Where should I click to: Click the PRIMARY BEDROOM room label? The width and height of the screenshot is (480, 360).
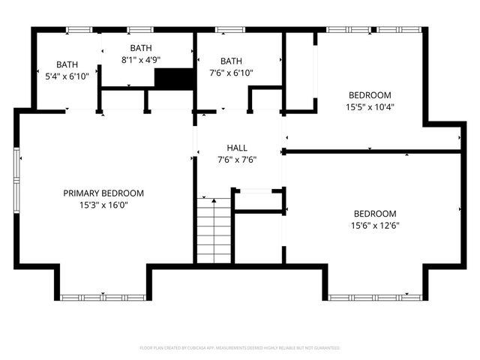(103, 193)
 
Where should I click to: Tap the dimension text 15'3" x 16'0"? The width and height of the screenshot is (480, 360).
(103, 205)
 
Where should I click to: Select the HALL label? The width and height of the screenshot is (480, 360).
(237, 148)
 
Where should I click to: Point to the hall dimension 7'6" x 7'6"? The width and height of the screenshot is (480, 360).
(237, 159)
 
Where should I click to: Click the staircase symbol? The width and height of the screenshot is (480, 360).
(214, 229)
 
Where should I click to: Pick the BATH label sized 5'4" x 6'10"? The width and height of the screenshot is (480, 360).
(67, 64)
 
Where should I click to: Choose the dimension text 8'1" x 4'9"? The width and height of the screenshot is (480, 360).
(141, 59)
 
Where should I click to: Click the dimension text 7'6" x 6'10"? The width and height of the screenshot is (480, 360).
(231, 73)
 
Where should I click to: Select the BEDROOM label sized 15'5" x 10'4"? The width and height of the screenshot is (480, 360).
(370, 95)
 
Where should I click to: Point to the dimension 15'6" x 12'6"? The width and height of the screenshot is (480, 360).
(374, 225)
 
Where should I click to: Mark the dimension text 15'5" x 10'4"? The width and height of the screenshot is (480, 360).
(370, 106)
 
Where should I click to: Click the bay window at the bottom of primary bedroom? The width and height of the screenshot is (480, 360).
(103, 297)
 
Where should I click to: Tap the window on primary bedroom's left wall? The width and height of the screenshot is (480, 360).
(16, 183)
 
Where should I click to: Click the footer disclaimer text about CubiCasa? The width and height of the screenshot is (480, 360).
(240, 348)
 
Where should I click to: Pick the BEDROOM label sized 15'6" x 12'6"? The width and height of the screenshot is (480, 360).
(374, 213)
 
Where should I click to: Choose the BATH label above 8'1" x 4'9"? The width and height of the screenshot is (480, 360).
(141, 48)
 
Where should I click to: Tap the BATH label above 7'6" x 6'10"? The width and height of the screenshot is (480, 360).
(231, 61)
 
